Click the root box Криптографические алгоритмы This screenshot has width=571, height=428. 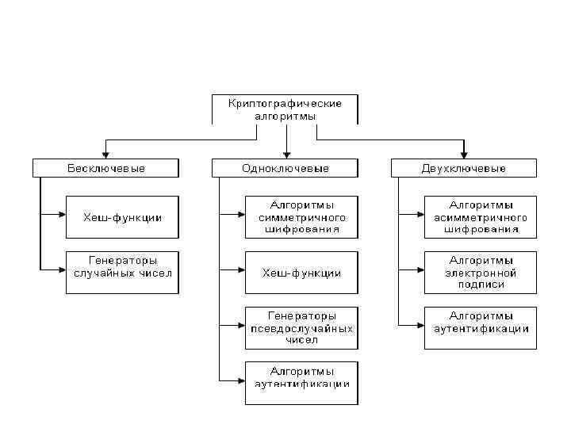(285, 109)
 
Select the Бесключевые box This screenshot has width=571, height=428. (105, 168)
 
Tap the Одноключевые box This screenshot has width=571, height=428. (285, 168)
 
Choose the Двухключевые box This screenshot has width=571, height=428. (464, 168)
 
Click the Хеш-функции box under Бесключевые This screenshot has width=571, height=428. (122, 216)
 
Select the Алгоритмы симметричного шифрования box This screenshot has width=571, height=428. (301, 216)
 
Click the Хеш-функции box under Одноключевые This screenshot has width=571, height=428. (301, 272)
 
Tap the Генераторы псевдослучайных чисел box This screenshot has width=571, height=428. (301, 327)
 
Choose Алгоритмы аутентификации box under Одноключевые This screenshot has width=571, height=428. (301, 377)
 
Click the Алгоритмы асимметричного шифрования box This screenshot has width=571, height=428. (481, 216)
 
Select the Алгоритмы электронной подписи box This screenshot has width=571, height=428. (481, 272)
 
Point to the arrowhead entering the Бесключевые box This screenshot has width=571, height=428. (105, 155)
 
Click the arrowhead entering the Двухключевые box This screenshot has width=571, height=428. (464, 155)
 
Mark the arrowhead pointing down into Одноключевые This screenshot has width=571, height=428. (285, 155)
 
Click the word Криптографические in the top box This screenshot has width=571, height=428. (285, 103)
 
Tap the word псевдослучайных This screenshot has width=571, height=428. (301, 327)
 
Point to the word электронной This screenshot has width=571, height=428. (481, 272)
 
